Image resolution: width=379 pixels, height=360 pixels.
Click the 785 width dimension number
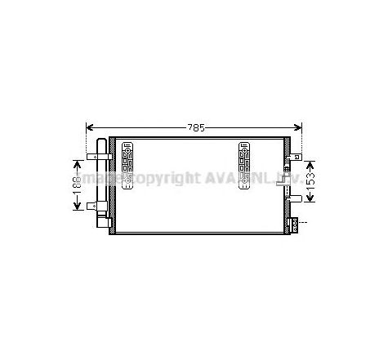(194, 128)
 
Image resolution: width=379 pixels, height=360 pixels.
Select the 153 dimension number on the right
(310, 180)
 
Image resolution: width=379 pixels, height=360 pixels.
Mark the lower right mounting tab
(297, 220)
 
